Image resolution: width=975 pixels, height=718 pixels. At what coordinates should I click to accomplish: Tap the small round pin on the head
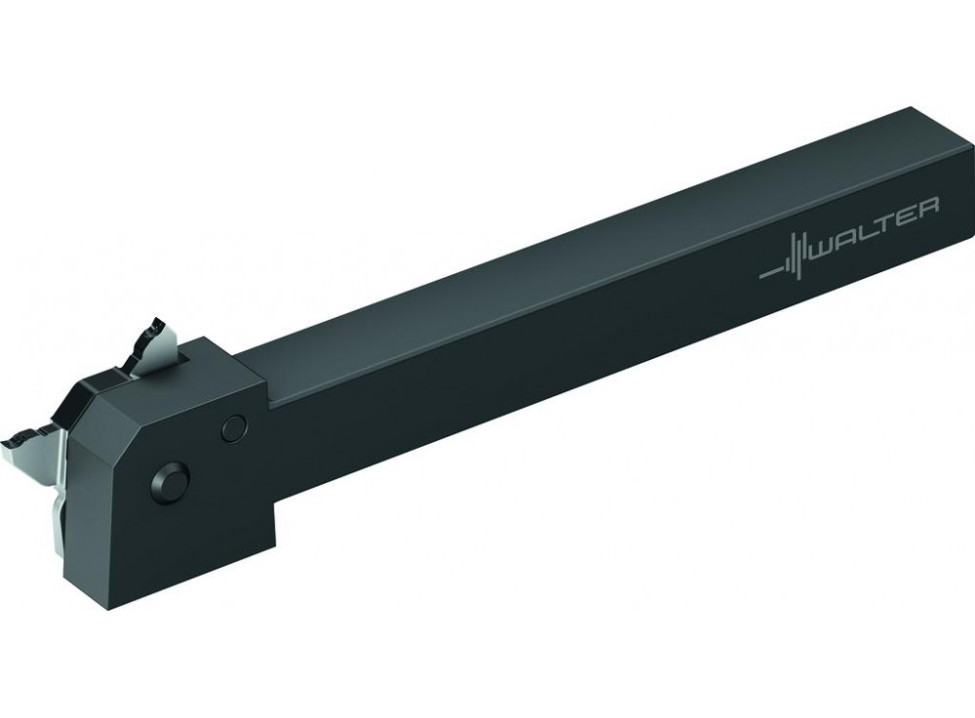pos(233,425)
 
